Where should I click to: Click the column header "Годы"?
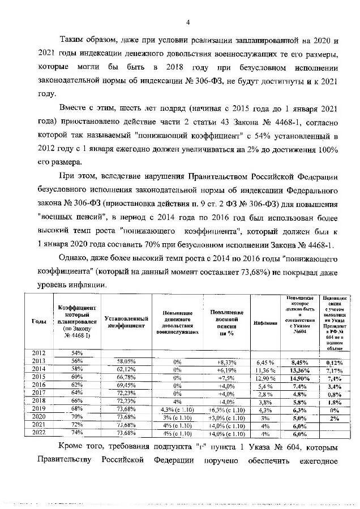tap(38, 321)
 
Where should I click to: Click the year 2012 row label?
tap(38, 353)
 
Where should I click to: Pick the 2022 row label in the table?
tap(38, 433)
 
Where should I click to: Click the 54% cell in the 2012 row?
tap(77, 353)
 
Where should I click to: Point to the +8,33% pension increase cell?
tap(226, 361)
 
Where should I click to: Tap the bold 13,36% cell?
tap(299, 369)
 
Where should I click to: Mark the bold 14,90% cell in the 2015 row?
tap(299, 377)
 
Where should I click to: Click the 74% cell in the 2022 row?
tap(77, 433)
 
